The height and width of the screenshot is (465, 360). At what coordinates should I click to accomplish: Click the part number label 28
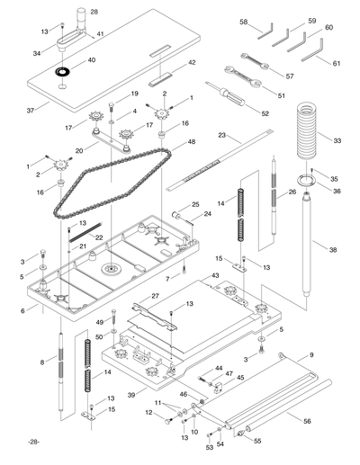click(x=94, y=12)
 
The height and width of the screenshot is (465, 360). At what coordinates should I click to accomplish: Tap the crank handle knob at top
click(x=79, y=15)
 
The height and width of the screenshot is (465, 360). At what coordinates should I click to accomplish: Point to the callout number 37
click(x=31, y=110)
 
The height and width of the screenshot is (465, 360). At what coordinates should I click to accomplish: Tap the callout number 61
click(x=336, y=64)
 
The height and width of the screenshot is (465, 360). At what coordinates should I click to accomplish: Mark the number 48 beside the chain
click(x=191, y=142)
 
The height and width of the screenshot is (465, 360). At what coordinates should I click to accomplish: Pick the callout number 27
click(x=154, y=295)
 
